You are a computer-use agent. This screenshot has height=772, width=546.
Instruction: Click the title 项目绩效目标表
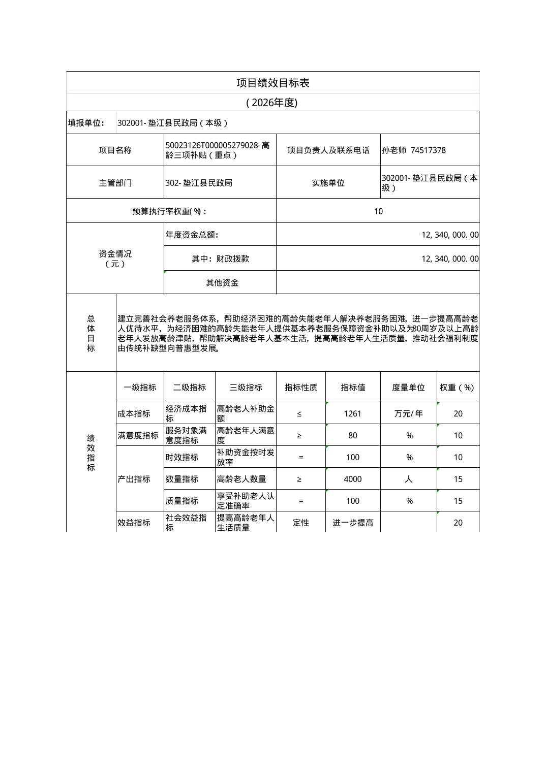point(272,83)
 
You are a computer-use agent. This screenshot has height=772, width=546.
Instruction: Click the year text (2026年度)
point(271,103)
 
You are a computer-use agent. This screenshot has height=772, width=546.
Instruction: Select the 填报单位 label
point(86,123)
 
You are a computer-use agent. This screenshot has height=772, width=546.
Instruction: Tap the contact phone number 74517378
point(428,150)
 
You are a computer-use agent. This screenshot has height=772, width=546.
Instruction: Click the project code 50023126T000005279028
point(213,146)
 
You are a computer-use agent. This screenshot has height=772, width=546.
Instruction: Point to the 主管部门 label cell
point(115,183)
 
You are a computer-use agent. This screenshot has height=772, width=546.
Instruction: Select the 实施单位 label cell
point(328,183)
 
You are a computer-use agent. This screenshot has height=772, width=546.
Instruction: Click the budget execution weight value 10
point(378,211)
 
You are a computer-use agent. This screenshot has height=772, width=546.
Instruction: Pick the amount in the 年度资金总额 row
point(449,235)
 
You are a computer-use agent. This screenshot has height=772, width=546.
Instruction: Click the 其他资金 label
point(222,283)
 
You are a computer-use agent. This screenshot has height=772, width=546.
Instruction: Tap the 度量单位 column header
point(408,388)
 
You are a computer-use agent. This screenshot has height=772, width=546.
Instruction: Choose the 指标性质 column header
point(300,388)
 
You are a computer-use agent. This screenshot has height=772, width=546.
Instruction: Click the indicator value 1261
point(352,414)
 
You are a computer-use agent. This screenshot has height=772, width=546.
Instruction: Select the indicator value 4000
point(352,479)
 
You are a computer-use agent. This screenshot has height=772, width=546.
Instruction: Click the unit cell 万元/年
point(408,414)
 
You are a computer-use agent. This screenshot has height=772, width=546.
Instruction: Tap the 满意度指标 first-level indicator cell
point(138,435)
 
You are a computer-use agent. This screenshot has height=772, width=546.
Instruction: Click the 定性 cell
point(300,523)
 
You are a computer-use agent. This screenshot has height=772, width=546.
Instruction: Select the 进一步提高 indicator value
point(353,523)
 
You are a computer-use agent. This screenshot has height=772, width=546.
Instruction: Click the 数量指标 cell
point(182,479)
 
